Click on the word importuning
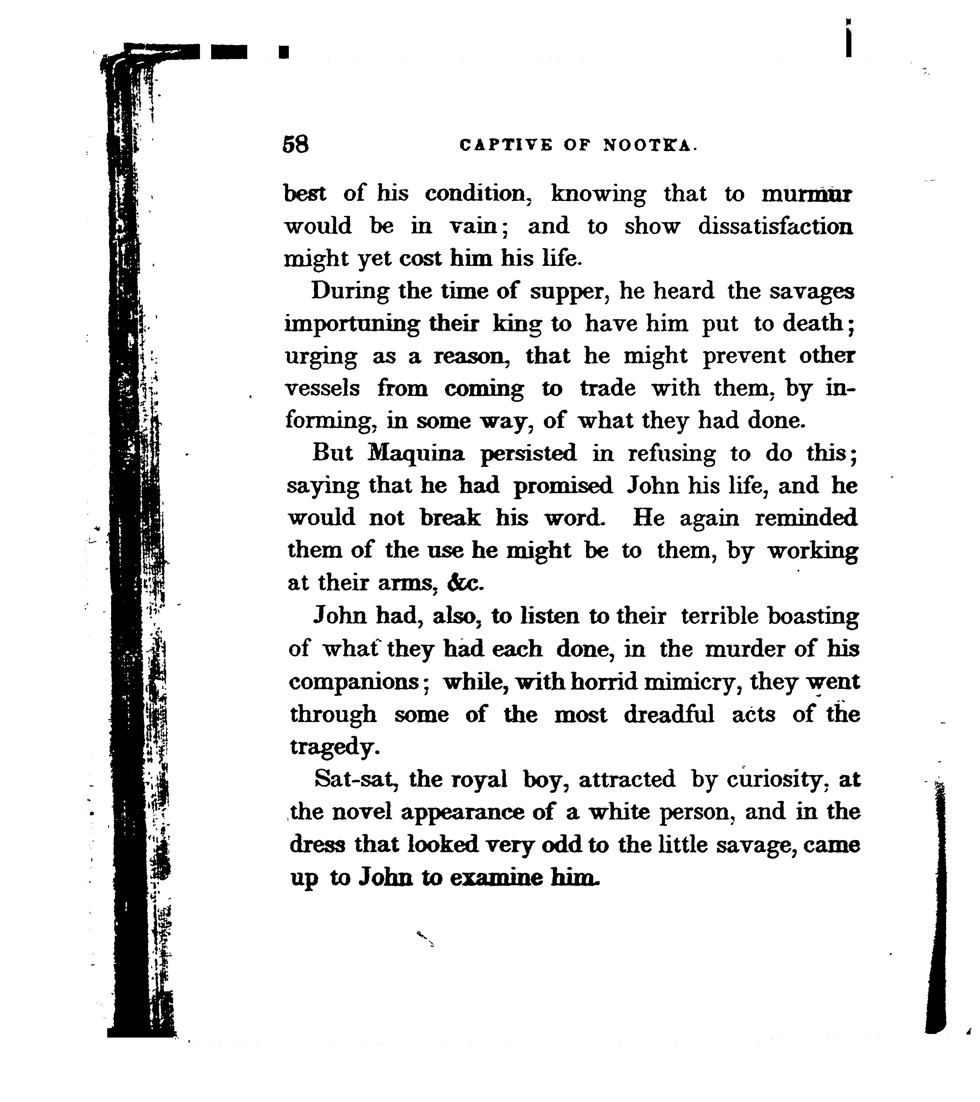click(352, 325)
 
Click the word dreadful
click(669, 715)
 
